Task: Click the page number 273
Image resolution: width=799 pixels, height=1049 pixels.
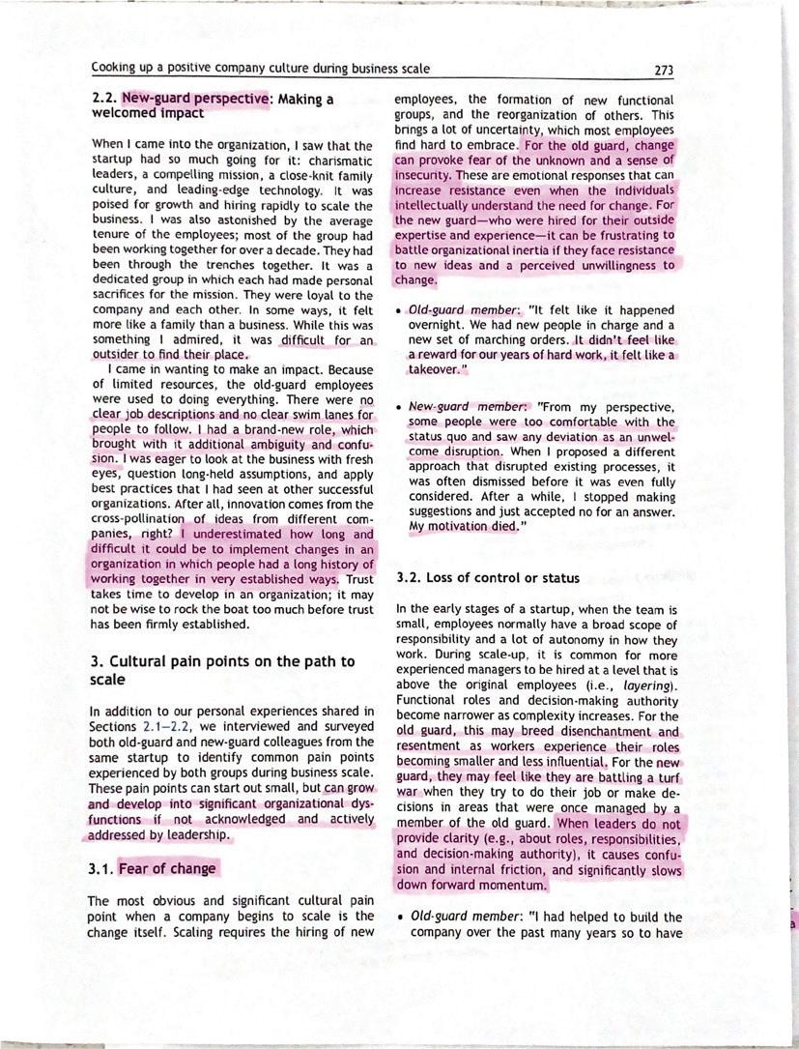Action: click(x=663, y=70)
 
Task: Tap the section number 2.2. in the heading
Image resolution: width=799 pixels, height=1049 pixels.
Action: click(x=103, y=99)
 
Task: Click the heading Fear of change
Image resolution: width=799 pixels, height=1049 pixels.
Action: click(x=167, y=868)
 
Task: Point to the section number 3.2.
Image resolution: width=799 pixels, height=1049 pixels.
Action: click(x=410, y=578)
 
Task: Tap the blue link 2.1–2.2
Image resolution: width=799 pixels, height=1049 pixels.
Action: click(x=164, y=726)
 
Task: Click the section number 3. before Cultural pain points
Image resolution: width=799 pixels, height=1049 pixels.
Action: click(x=97, y=661)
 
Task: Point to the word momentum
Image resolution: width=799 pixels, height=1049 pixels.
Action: click(x=510, y=885)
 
